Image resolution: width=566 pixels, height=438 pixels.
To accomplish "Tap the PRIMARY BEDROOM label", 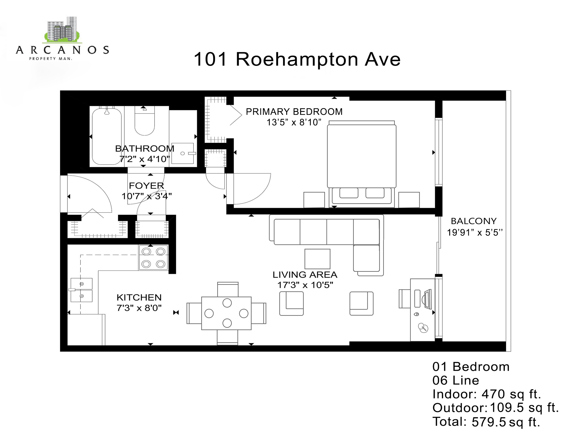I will pos(294,112).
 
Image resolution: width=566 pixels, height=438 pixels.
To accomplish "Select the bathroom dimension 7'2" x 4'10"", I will pos(144,159).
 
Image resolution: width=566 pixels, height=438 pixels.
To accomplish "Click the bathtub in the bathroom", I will pos(107,136).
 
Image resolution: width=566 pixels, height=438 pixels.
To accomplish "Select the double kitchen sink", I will pos(81,290).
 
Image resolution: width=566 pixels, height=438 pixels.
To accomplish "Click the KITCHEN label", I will pos(139,297).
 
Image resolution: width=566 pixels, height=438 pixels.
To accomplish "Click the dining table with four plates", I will pos(226,313).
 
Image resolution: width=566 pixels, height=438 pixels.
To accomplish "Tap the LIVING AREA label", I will pos(305,274).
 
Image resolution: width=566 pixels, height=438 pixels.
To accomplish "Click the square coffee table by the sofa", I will pos(317,259).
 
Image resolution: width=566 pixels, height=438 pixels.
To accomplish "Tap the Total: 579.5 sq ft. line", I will pos(486,422).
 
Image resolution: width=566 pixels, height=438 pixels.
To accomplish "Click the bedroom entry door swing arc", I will pos(257,192).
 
